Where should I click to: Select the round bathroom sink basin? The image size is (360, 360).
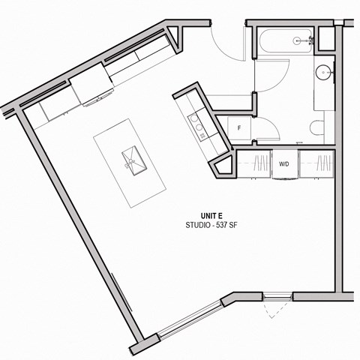coord(324,73)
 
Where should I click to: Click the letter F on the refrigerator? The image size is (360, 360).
coord(238,127)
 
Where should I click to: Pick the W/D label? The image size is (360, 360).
coord(285,163)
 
